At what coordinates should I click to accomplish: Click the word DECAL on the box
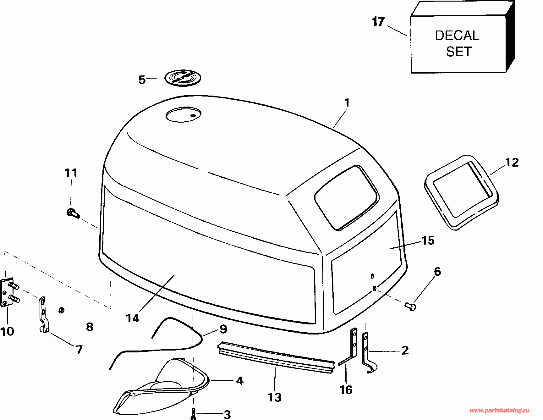457,36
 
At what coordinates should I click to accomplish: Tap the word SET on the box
459,52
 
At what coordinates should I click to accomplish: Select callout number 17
378,22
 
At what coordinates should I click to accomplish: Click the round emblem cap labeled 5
183,78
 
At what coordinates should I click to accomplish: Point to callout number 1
347,103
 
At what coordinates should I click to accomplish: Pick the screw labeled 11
73,213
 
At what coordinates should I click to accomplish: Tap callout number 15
428,241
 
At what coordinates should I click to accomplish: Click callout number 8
90,327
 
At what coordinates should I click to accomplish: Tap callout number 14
132,318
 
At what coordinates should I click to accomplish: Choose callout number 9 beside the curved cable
223,329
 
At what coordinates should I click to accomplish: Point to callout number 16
346,390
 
